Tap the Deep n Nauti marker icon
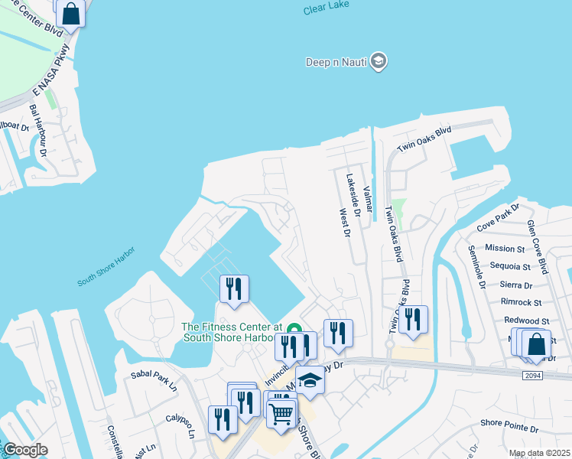tap(378, 62)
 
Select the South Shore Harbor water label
tap(106, 267)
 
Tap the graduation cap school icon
tap(310, 379)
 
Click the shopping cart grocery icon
tap(281, 414)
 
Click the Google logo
tap(24, 450)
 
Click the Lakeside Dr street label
tap(353, 194)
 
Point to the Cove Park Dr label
tap(498, 217)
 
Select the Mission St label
tap(504, 248)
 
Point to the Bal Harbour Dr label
tap(38, 131)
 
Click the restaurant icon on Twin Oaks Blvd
tap(413, 320)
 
